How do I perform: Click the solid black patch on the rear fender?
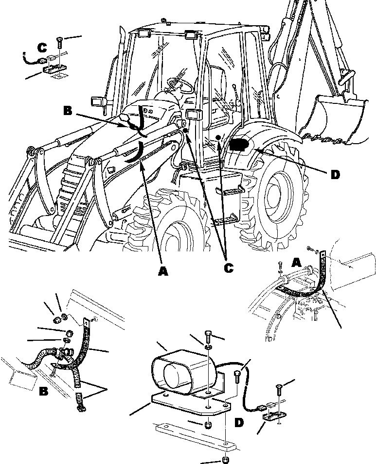tap(239, 145)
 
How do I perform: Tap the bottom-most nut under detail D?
tap(226, 459)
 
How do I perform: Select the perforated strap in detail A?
tap(319, 286)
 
